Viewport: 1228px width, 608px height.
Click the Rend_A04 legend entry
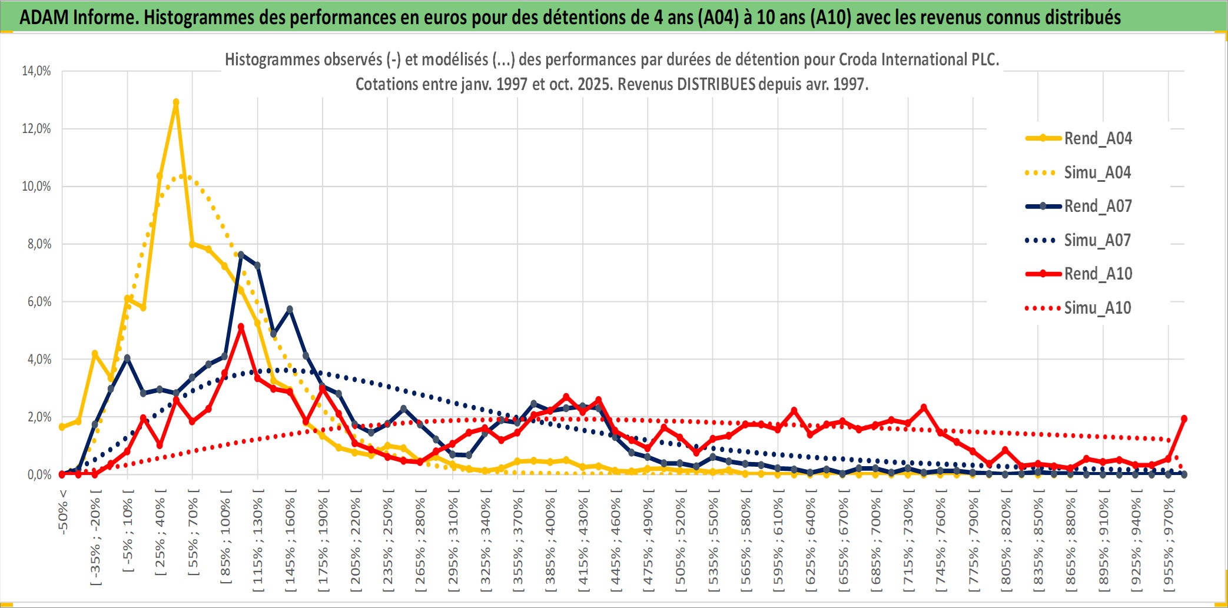pyautogui.click(x=1097, y=138)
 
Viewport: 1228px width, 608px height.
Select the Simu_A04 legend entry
pyautogui.click(x=1097, y=172)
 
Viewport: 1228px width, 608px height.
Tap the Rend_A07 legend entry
pyautogui.click(x=1097, y=206)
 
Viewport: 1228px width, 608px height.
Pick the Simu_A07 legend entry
pyautogui.click(x=1097, y=240)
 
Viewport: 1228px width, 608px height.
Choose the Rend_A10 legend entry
pyautogui.click(x=1097, y=274)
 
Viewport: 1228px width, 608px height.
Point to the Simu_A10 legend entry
pyautogui.click(x=1097, y=308)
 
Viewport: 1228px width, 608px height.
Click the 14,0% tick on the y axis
pyautogui.click(x=36, y=71)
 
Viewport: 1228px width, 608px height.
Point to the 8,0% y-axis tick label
pyautogui.click(x=39, y=244)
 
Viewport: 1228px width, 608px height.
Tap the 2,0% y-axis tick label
pyautogui.click(x=39, y=417)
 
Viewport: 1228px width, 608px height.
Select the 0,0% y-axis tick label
pyautogui.click(x=39, y=474)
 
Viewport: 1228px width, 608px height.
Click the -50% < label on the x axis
pyautogui.click(x=63, y=512)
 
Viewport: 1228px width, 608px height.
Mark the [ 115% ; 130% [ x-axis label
pyautogui.click(x=257, y=544)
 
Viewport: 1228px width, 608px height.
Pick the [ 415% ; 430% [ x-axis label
pyautogui.click(x=583, y=544)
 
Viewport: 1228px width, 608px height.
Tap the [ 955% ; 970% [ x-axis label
pyautogui.click(x=1169, y=544)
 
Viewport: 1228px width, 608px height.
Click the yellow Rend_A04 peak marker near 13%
pyautogui.click(x=176, y=102)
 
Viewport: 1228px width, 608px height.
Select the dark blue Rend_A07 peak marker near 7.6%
pyautogui.click(x=241, y=254)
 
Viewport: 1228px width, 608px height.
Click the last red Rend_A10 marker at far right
pyautogui.click(x=1184, y=418)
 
